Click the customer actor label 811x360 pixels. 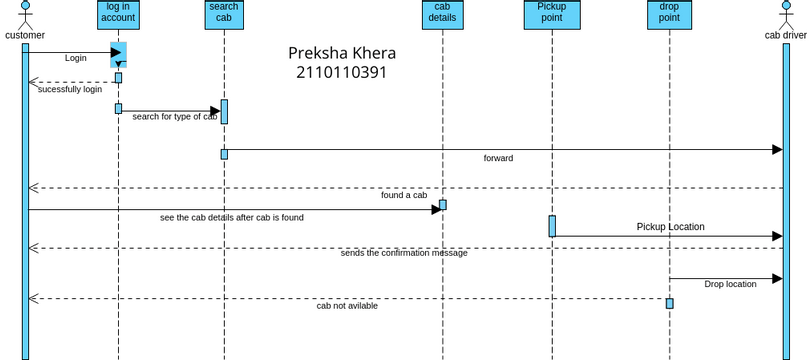click(x=25, y=36)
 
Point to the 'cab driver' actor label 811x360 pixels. click(x=786, y=36)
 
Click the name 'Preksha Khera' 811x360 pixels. click(x=342, y=53)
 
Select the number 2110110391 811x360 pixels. click(x=341, y=72)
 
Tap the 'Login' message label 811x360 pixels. click(x=76, y=58)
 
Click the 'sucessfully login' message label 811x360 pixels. click(x=70, y=89)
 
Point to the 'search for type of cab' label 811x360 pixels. click(x=175, y=117)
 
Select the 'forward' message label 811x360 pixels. click(x=498, y=158)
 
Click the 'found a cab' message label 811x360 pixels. click(x=404, y=195)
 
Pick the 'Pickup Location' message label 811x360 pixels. click(x=670, y=227)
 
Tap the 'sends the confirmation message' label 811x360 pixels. click(x=404, y=253)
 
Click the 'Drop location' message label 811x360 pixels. click(x=730, y=284)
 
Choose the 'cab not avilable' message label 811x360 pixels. click(x=347, y=306)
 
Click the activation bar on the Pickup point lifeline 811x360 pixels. click(x=551, y=226)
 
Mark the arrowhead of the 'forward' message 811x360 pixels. click(x=776, y=150)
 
